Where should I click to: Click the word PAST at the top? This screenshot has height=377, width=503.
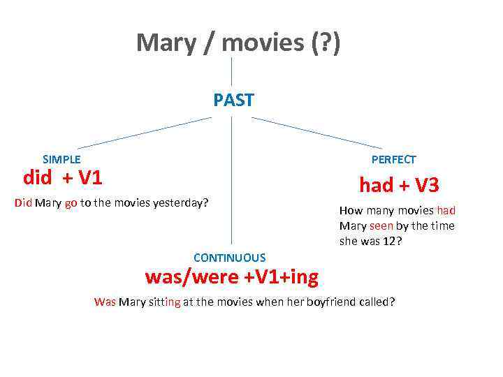(233, 101)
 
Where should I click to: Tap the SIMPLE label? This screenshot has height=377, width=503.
(61, 159)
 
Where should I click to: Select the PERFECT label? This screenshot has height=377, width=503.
(393, 159)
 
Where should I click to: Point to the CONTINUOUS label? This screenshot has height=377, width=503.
(229, 258)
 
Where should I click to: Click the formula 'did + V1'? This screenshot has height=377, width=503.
(63, 178)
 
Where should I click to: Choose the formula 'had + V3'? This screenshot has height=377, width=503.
(399, 185)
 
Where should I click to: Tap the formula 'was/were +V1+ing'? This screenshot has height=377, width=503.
(231, 277)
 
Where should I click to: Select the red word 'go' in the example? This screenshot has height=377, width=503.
(71, 203)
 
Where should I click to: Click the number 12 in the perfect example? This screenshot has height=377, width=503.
(388, 241)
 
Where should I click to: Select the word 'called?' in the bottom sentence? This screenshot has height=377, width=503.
(377, 302)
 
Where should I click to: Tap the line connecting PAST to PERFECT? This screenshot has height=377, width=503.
(318, 133)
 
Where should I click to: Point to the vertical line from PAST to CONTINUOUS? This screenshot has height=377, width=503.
(232, 182)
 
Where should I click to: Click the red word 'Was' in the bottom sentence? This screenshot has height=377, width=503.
(105, 302)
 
